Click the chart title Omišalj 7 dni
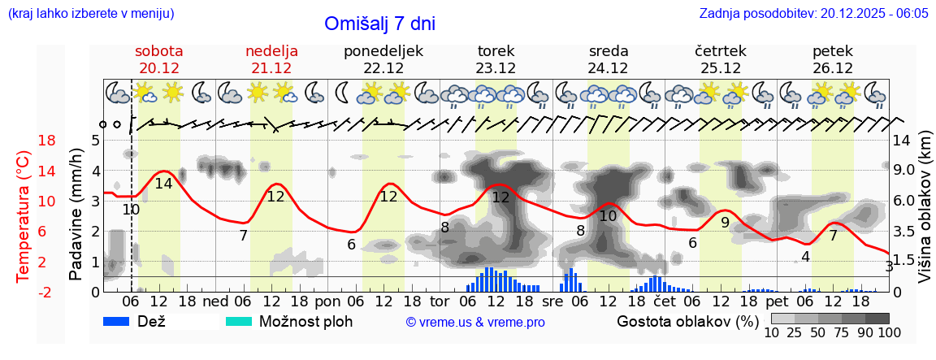pyautogui.click(x=379, y=24)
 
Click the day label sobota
pyautogui.click(x=158, y=51)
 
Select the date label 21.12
pyautogui.click(x=271, y=68)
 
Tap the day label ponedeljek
pyautogui.click(x=383, y=51)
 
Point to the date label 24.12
pyautogui.click(x=609, y=68)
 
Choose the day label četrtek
pyautogui.click(x=721, y=51)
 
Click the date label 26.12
pyautogui.click(x=833, y=68)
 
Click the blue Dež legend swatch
pyautogui.click(x=122, y=321)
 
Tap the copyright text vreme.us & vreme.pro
pyautogui.click(x=475, y=322)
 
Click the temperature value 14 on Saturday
pyautogui.click(x=163, y=184)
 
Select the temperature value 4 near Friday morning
pyautogui.click(x=805, y=257)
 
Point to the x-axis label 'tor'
pyautogui.click(x=440, y=301)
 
